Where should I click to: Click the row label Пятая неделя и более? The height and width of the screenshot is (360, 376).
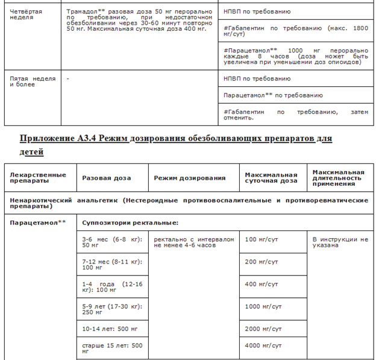pyautogui.click(x=33, y=81)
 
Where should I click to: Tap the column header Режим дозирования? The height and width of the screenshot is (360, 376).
pyautogui.click(x=189, y=178)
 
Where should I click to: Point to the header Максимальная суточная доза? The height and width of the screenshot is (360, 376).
pyautogui.click(x=271, y=178)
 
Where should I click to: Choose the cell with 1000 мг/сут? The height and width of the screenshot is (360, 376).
pyautogui.click(x=263, y=307)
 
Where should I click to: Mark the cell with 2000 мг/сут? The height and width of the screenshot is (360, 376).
pyautogui.click(x=263, y=329)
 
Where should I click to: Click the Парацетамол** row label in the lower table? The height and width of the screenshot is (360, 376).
pyautogui.click(x=37, y=223)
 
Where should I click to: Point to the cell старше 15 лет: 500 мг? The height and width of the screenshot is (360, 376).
pyautogui.click(x=111, y=348)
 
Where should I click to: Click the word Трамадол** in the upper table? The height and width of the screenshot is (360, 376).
pyautogui.click(x=84, y=11)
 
